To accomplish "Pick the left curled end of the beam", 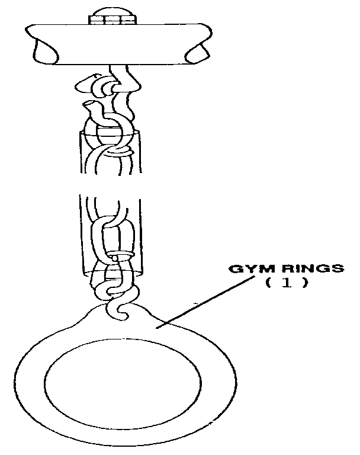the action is click(44, 50).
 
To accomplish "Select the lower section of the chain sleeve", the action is click(110, 237).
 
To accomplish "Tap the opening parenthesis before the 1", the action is click(268, 283).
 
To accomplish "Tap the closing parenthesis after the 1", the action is click(305, 283).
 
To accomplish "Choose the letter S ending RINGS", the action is click(338, 268).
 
